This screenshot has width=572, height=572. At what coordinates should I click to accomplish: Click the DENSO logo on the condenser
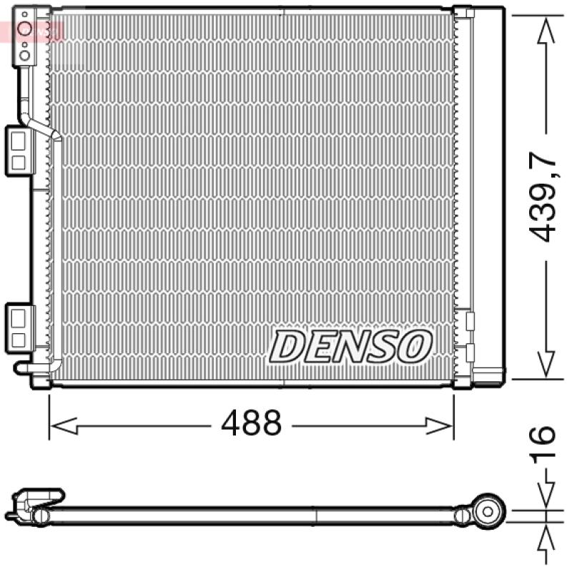[351, 346]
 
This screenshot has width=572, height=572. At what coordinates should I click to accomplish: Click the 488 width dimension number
[252, 423]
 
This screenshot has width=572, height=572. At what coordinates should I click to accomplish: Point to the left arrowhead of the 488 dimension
[63, 425]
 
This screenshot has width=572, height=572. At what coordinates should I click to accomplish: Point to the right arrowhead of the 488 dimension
[440, 425]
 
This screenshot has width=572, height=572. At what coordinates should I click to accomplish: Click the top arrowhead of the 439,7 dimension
[546, 31]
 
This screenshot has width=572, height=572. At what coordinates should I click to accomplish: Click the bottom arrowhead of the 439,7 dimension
[546, 364]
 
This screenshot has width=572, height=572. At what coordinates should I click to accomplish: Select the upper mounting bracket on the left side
[20, 151]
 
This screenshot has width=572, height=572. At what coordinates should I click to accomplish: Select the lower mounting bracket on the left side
[20, 328]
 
